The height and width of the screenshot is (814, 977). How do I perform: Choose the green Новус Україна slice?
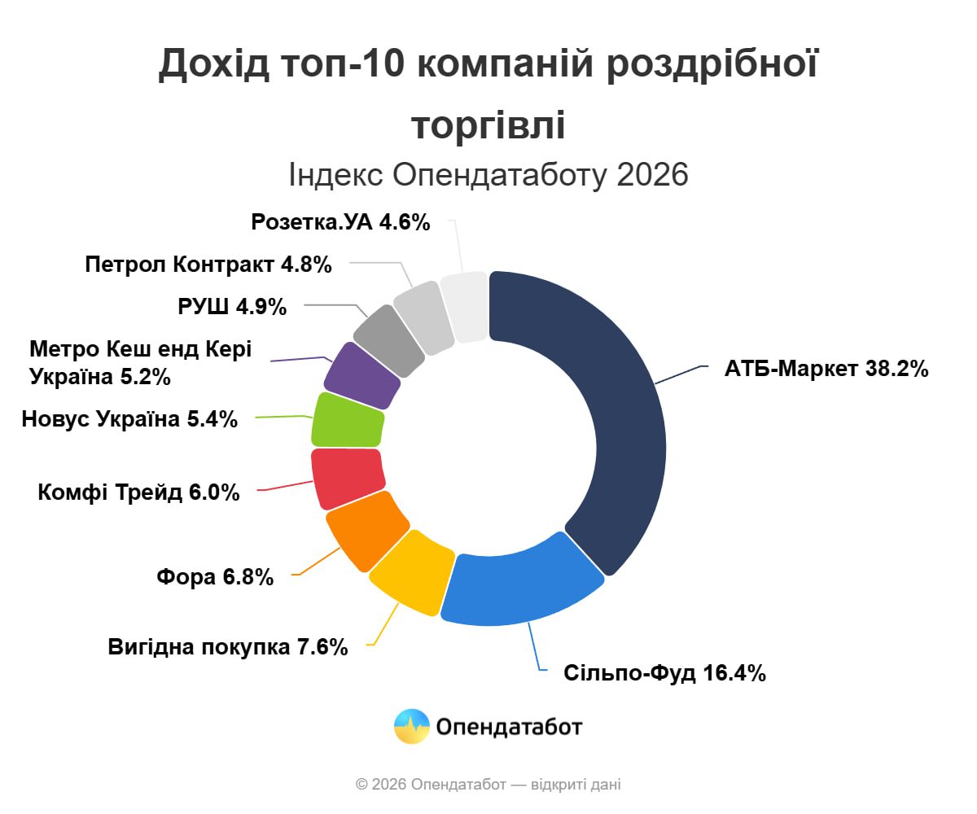click(x=348, y=420)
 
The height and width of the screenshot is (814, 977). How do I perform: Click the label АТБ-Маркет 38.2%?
click(x=826, y=369)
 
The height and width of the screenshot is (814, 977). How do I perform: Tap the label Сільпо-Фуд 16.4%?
click(x=664, y=673)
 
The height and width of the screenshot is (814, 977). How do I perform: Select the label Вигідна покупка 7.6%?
click(x=228, y=647)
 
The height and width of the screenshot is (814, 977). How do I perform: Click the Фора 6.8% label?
click(x=215, y=577)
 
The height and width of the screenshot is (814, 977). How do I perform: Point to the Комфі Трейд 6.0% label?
click(x=138, y=492)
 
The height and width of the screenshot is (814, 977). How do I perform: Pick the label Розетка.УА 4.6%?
click(x=340, y=222)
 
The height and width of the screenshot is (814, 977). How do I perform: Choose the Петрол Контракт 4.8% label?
click(x=208, y=265)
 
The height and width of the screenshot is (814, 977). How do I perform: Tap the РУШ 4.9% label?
click(x=232, y=307)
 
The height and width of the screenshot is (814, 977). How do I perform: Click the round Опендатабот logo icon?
click(x=412, y=726)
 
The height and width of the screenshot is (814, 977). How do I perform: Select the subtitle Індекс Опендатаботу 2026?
click(x=488, y=174)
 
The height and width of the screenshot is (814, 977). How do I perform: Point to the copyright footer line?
click(x=488, y=785)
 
